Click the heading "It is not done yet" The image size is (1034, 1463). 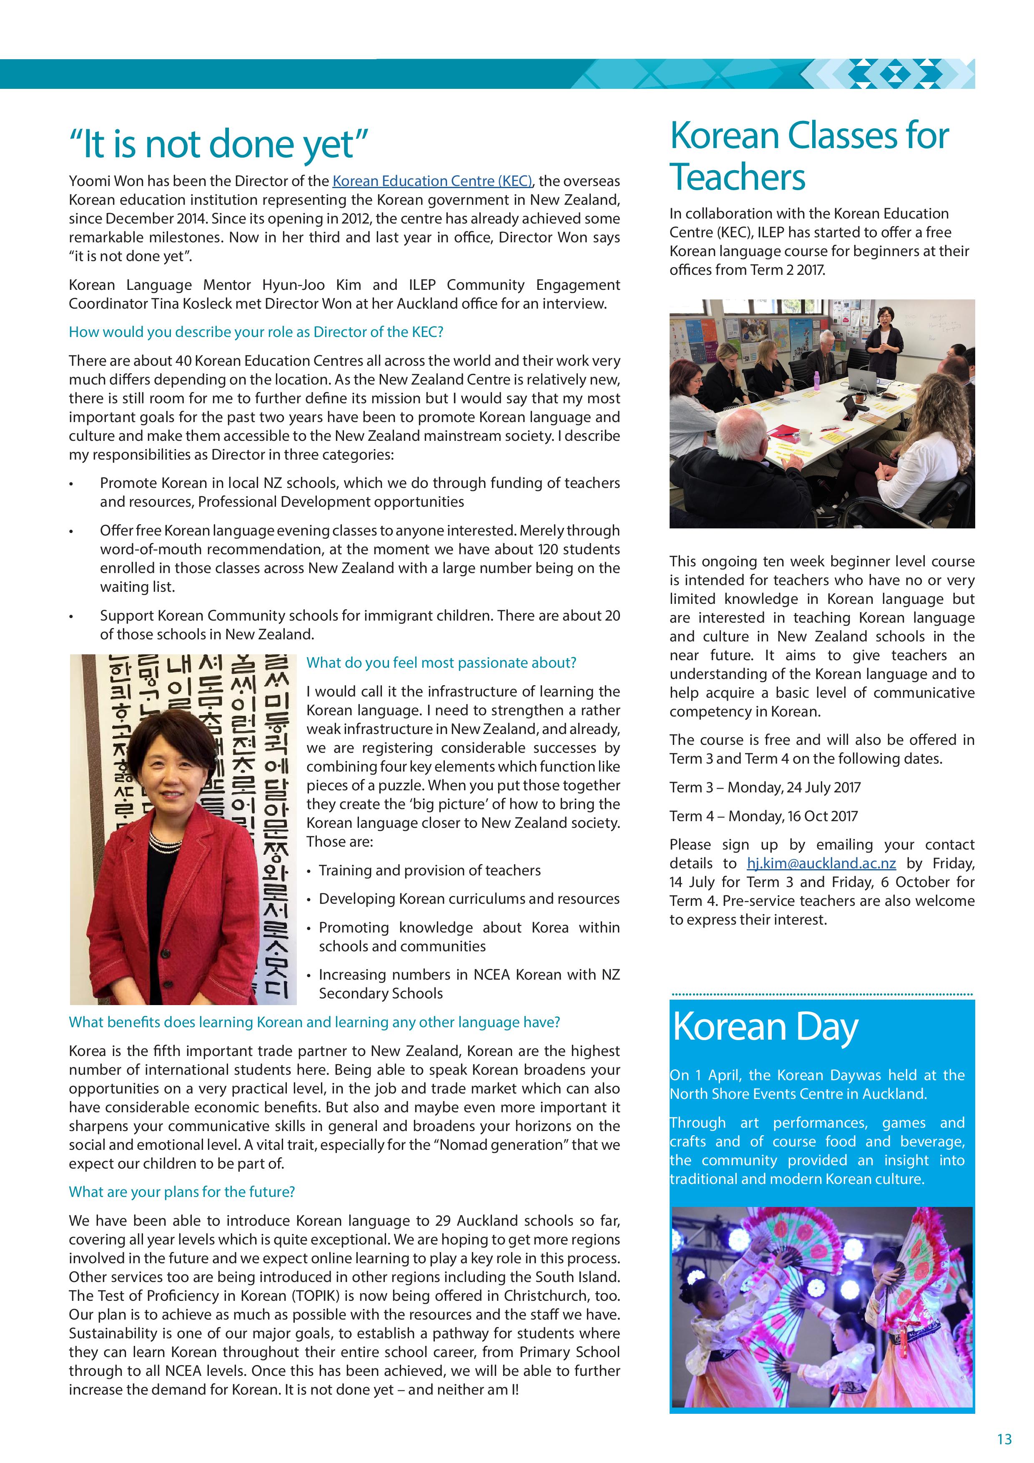(218, 145)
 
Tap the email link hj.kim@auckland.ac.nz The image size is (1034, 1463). (821, 863)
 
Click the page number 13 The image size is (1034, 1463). (1004, 1439)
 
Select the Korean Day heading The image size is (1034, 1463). (765, 1027)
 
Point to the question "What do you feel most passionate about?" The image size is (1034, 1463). (441, 663)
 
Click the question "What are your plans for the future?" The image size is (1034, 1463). (181, 1192)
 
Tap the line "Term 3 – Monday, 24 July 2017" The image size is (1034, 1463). (765, 787)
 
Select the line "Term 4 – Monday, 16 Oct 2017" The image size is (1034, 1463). (763, 816)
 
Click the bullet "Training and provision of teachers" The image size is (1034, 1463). (429, 870)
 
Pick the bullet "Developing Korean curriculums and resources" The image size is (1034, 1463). (469, 899)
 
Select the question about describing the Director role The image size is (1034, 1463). (256, 332)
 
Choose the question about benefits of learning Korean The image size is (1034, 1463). (314, 1022)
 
